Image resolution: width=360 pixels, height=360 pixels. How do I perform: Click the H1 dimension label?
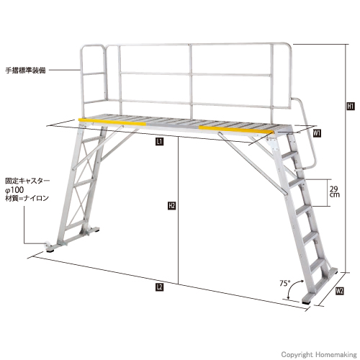tap(351, 106)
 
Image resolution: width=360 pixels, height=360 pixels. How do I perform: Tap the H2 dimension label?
tap(172, 206)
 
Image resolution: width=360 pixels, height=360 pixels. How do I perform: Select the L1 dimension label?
tap(160, 141)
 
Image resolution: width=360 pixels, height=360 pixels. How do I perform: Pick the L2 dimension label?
tap(160, 287)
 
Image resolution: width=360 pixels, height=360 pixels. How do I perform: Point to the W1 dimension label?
tap(318, 133)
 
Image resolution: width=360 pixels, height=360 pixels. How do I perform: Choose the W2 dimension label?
tap(340, 291)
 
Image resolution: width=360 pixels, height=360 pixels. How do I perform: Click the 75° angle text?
tap(285, 284)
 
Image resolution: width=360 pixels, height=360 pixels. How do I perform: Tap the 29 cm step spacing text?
tap(335, 192)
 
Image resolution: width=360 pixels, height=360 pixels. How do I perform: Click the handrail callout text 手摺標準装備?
tap(25, 71)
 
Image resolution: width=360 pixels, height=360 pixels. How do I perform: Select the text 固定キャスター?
tap(27, 181)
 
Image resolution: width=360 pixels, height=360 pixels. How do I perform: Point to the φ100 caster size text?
tap(14, 190)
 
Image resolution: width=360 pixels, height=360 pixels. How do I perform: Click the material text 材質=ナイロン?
tap(27, 199)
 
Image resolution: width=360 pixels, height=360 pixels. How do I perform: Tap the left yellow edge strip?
tap(112, 122)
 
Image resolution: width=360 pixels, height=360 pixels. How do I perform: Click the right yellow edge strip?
tap(236, 130)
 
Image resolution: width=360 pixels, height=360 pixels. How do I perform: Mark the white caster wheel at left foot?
tap(48, 246)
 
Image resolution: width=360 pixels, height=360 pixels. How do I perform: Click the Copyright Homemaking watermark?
tap(319, 354)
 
